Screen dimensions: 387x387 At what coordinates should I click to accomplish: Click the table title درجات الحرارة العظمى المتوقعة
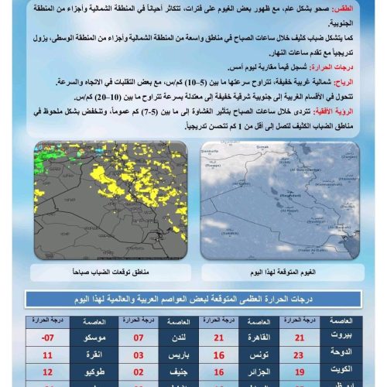(193, 299)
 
